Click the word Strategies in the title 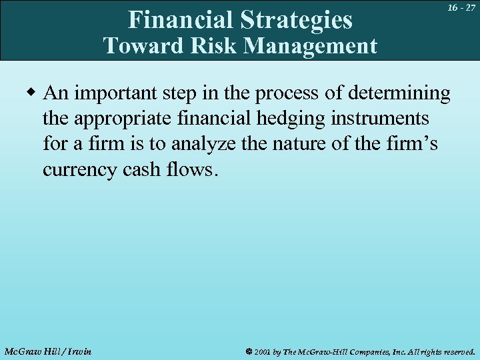[x=296, y=20]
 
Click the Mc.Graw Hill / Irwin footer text [x=47, y=351]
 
